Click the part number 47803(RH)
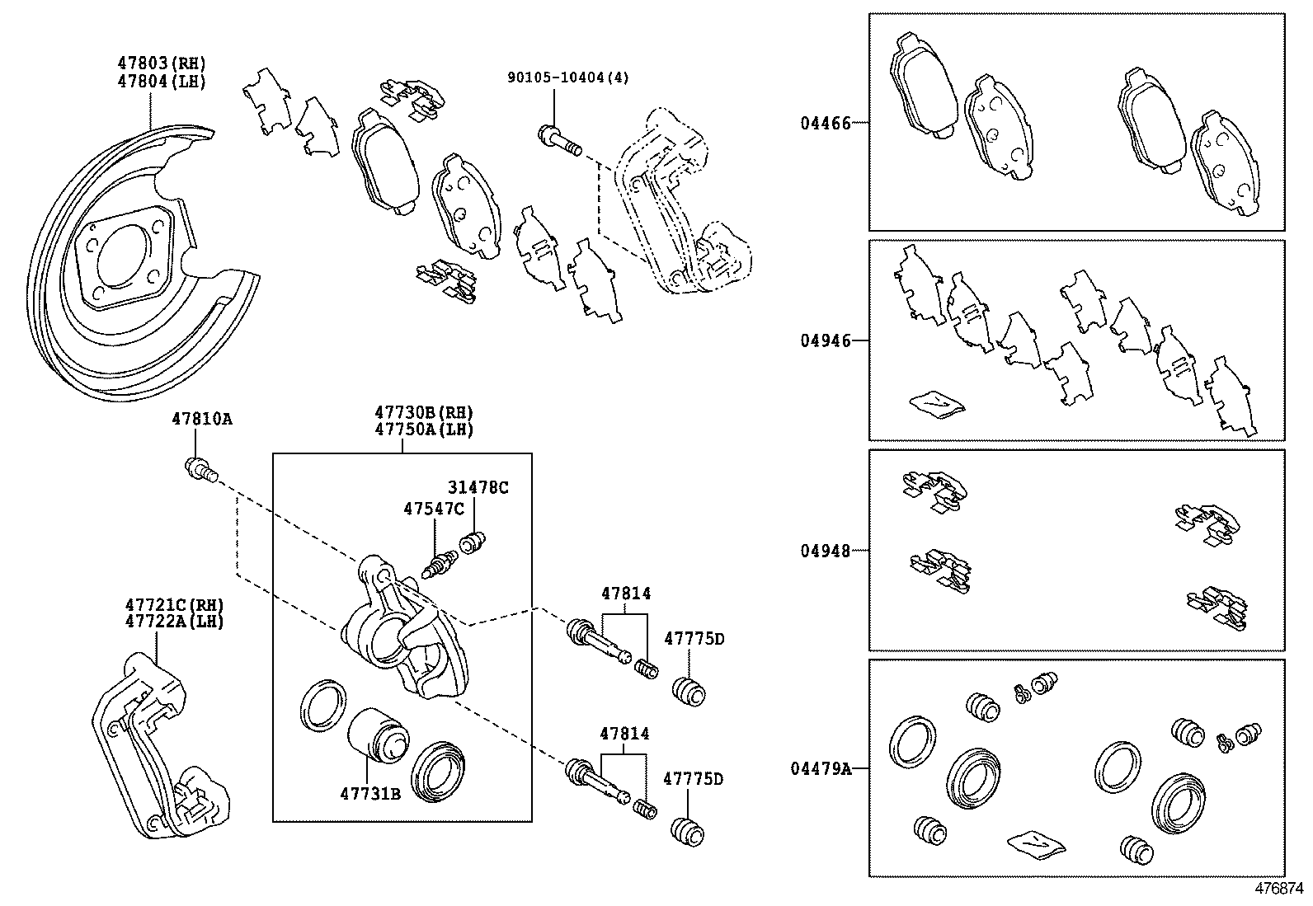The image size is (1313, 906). [x=162, y=63]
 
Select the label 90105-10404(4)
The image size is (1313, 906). [x=567, y=77]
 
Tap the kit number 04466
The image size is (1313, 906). [x=825, y=124]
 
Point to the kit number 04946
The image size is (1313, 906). [x=825, y=340]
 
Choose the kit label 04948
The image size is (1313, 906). [x=825, y=551]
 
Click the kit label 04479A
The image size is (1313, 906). [x=821, y=769]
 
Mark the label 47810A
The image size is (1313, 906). [x=201, y=420]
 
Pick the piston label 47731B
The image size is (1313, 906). [x=369, y=794]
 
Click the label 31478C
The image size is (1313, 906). [x=478, y=487]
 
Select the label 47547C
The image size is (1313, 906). [x=434, y=509]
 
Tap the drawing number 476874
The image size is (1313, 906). [x=1280, y=890]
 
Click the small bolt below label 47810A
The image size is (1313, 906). [x=200, y=470]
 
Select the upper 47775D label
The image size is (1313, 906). [x=694, y=639]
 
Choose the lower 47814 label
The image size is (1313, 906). [x=624, y=734]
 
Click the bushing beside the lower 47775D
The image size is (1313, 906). [x=687, y=831]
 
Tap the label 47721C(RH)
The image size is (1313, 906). [x=174, y=605]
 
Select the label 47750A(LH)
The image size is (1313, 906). [x=424, y=430]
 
